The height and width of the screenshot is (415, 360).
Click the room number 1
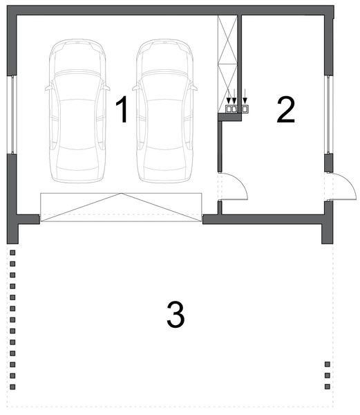tap(122, 110)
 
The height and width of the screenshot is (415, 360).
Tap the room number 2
tap(286, 110)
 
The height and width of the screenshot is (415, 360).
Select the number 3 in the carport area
tap(176, 315)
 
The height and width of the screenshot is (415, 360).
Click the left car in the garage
tap(77, 111)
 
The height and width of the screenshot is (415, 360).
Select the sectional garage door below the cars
tap(121, 207)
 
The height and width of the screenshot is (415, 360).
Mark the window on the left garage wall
tap(12, 114)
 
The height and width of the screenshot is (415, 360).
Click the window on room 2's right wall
tap(329, 114)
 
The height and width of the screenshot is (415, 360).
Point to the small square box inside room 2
tap(245, 109)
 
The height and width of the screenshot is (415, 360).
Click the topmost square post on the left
tap(12, 264)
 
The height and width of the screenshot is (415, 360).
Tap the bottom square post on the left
tap(12, 387)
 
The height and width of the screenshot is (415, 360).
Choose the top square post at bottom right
tap(328, 365)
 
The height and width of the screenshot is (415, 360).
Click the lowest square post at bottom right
tap(328, 387)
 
